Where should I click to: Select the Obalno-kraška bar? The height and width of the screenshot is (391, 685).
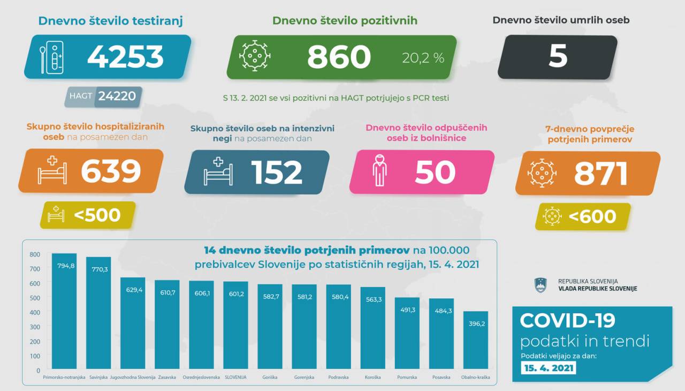pyautogui.click(x=475, y=343)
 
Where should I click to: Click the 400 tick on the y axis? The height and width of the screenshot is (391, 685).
pyautogui.click(x=35, y=312)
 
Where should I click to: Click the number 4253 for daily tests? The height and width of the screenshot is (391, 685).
pyautogui.click(x=125, y=57)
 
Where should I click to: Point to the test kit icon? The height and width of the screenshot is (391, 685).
pyautogui.click(x=52, y=57)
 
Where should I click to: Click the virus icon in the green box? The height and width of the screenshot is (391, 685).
pyautogui.click(x=254, y=56)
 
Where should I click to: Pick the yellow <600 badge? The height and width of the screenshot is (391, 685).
pyautogui.click(x=583, y=216)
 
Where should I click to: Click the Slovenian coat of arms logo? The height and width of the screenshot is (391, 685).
pyautogui.click(x=541, y=285)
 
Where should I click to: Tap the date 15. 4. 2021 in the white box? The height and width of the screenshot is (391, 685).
pyautogui.click(x=549, y=368)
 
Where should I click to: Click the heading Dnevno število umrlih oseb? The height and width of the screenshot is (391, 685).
pyautogui.click(x=560, y=20)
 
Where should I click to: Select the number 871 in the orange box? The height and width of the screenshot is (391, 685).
pyautogui.click(x=601, y=174)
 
